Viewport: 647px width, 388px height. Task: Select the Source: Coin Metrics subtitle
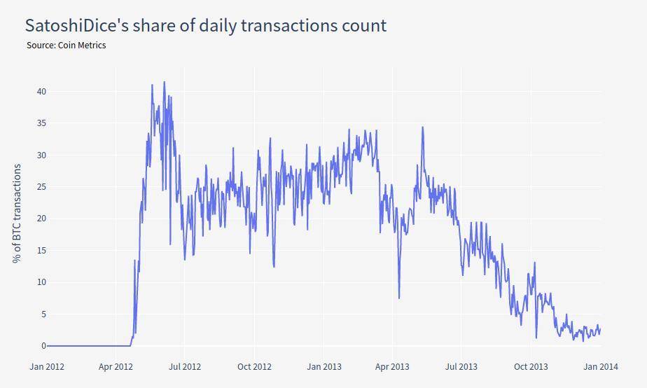point(67,46)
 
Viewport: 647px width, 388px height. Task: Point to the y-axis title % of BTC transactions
point(17,213)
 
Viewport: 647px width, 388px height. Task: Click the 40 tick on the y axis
point(41,92)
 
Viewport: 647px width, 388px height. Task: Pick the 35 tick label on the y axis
point(41,123)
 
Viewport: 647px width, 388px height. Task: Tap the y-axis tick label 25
point(41,187)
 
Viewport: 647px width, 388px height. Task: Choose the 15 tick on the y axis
point(41,251)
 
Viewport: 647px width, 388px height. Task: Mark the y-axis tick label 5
point(43,314)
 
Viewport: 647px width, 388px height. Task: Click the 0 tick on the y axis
point(43,346)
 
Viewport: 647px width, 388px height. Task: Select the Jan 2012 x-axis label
point(47,366)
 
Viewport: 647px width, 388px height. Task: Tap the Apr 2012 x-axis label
point(116,366)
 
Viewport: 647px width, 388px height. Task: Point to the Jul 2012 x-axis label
point(184,366)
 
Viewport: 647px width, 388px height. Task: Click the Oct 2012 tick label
point(253,366)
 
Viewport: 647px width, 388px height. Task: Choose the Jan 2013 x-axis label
point(323,366)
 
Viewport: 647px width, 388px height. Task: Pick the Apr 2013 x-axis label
point(392,366)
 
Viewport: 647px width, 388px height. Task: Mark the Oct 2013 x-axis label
point(531,366)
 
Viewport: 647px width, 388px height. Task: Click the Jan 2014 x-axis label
point(600,366)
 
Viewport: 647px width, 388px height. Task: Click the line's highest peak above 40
point(165,82)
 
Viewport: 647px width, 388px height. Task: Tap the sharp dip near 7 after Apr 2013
point(399,298)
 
